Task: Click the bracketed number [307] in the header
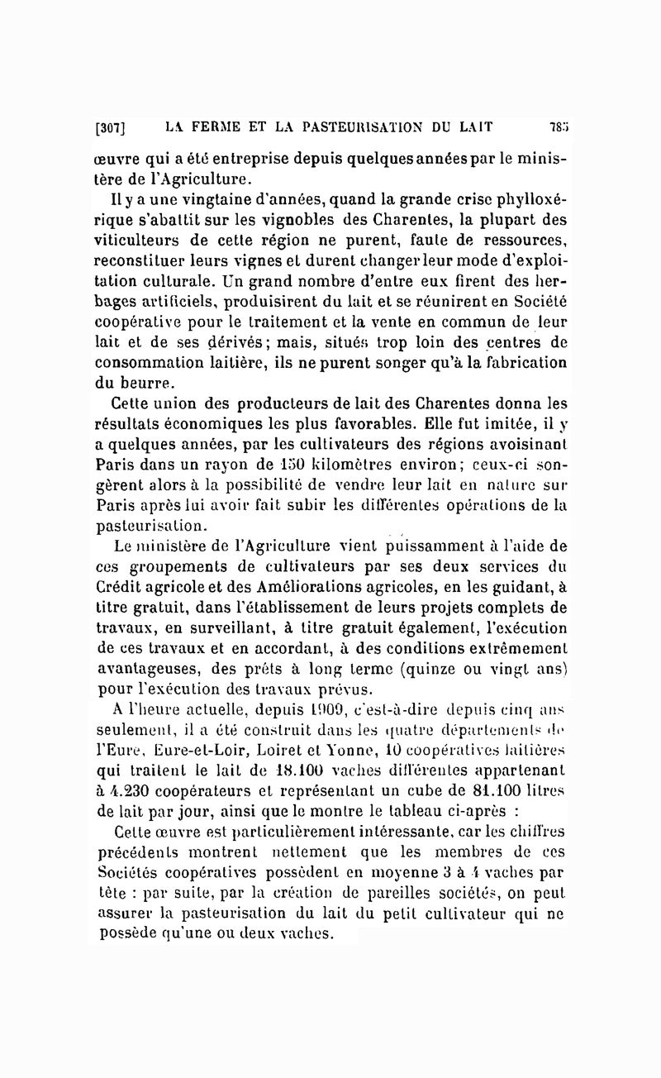pos(109,128)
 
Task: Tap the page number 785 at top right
pos(558,127)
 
